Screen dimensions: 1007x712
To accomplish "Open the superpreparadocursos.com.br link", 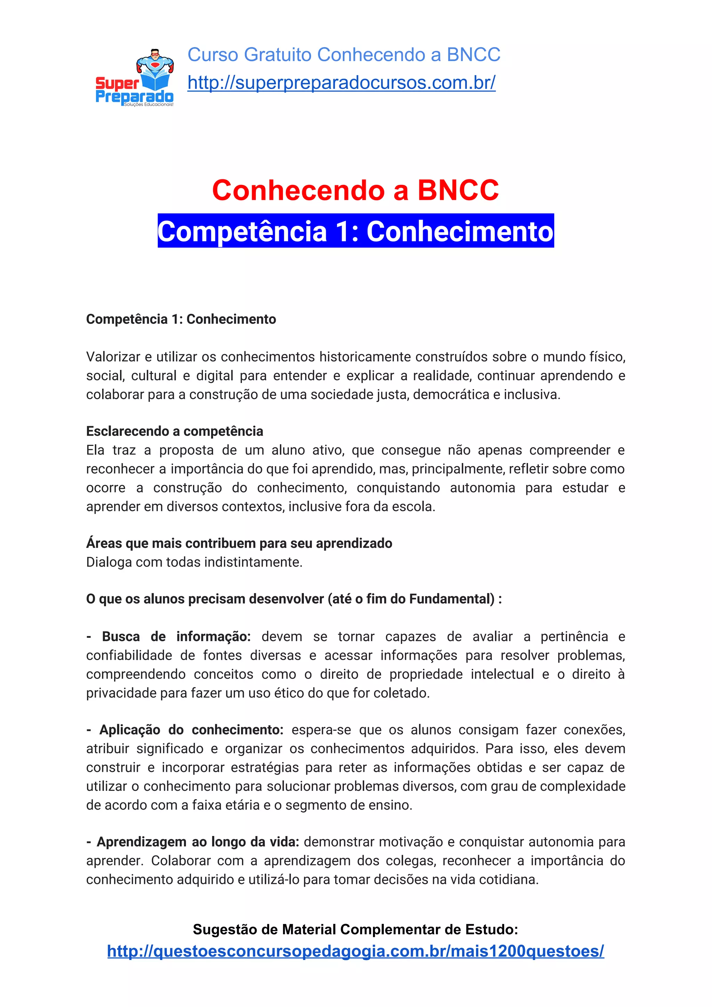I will pos(341,82).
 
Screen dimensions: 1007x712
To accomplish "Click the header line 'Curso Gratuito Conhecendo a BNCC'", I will pos(344,55).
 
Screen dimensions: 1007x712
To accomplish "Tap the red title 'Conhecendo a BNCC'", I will pos(355,190).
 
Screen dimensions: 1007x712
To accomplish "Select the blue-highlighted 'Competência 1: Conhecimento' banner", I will pos(355,231).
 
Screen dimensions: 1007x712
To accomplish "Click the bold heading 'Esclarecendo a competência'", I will pos(175,431).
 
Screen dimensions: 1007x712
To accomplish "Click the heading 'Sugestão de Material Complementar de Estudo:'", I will pos(355,929).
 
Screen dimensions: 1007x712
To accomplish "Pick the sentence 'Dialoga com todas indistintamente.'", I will pos(194,562).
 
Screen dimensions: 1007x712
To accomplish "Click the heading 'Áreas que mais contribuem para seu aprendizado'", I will pos(239,543).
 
